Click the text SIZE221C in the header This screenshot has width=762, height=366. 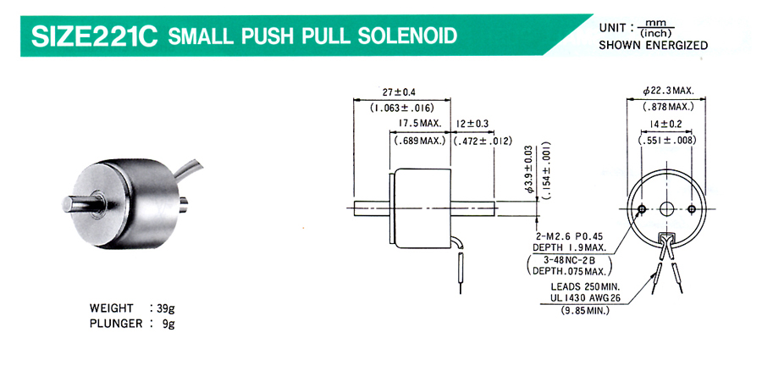[x=94, y=36]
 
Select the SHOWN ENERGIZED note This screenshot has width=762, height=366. [x=653, y=46]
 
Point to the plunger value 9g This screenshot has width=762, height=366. [x=168, y=324]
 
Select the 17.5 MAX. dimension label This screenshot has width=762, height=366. [x=420, y=124]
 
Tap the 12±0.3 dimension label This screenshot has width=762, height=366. [x=472, y=124]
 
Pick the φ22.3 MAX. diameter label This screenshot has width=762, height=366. [x=668, y=91]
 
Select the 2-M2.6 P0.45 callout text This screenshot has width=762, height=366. [x=567, y=236]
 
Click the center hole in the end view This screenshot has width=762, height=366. [x=666, y=209]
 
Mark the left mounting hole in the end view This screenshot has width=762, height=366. [x=642, y=209]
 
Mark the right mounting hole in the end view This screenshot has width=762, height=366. [x=692, y=209]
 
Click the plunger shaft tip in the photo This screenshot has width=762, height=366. [x=67, y=204]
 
